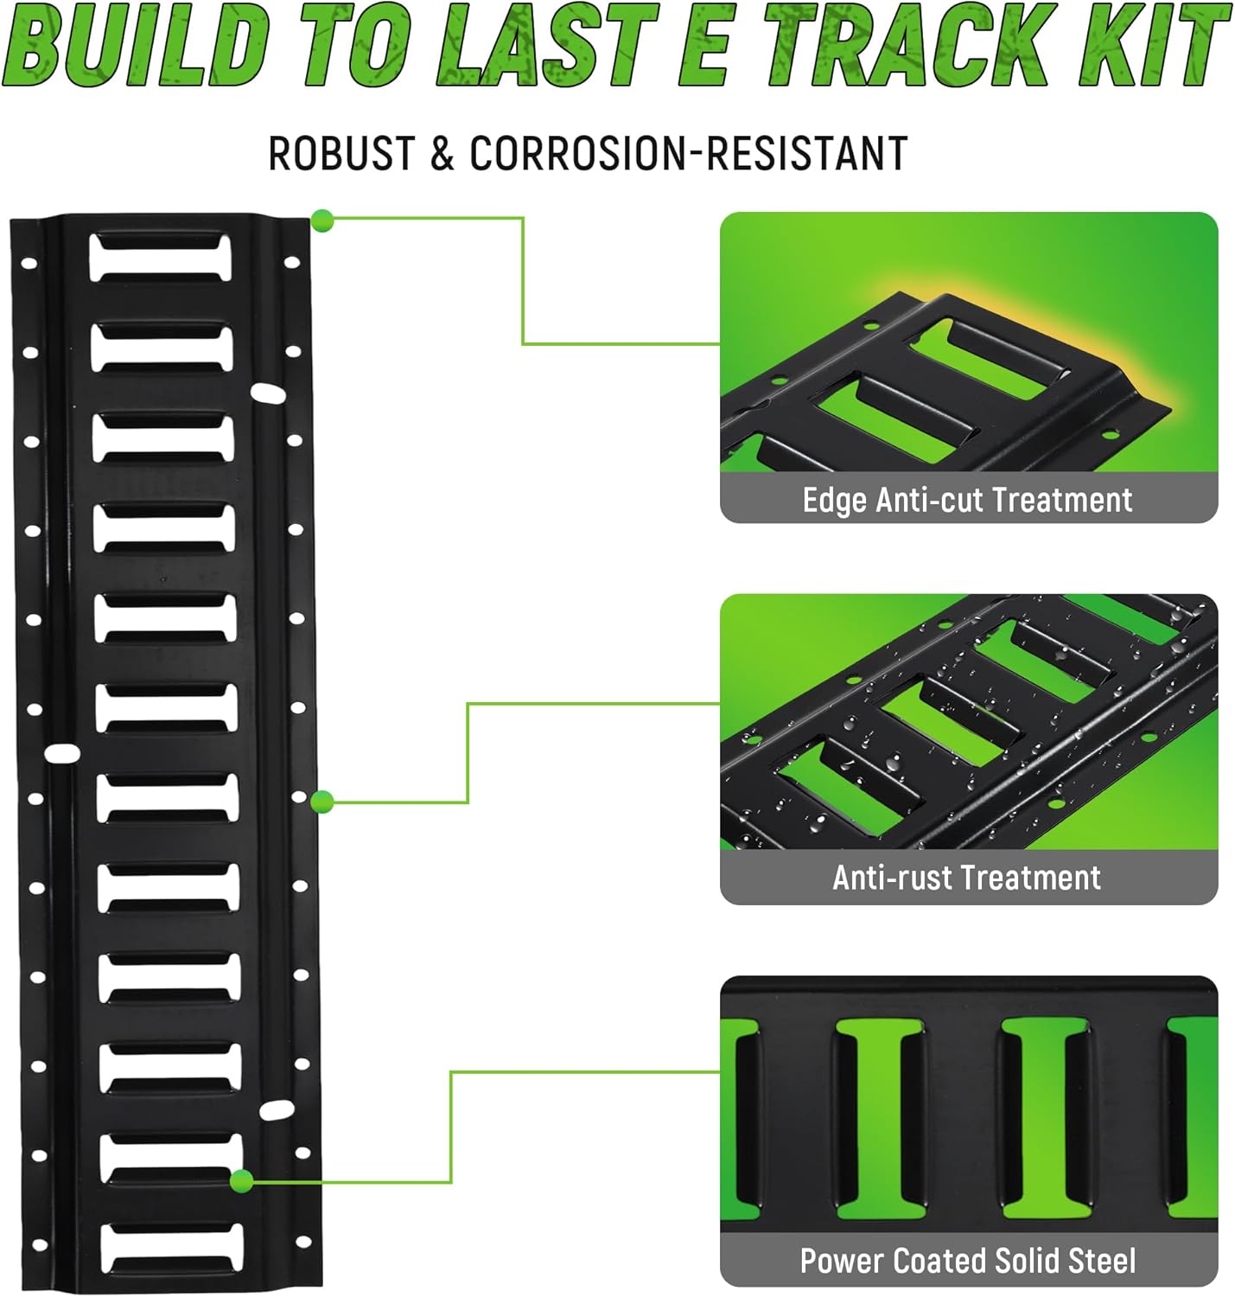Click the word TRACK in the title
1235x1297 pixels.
[907, 45]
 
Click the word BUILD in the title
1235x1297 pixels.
[138, 45]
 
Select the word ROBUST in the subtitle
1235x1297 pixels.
[341, 154]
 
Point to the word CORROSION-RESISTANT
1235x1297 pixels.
[688, 154]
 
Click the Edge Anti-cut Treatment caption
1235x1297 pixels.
[967, 500]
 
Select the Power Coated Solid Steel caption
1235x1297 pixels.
[967, 1261]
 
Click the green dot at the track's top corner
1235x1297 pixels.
[322, 221]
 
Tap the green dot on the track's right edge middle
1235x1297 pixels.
[322, 802]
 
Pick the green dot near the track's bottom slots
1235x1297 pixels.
[242, 1180]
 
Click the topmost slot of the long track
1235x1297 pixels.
[161, 257]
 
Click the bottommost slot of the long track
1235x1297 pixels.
[172, 1248]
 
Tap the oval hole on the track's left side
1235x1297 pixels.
[62, 753]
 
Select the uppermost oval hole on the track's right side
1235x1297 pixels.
[268, 394]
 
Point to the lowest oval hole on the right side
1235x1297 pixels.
[277, 1109]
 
